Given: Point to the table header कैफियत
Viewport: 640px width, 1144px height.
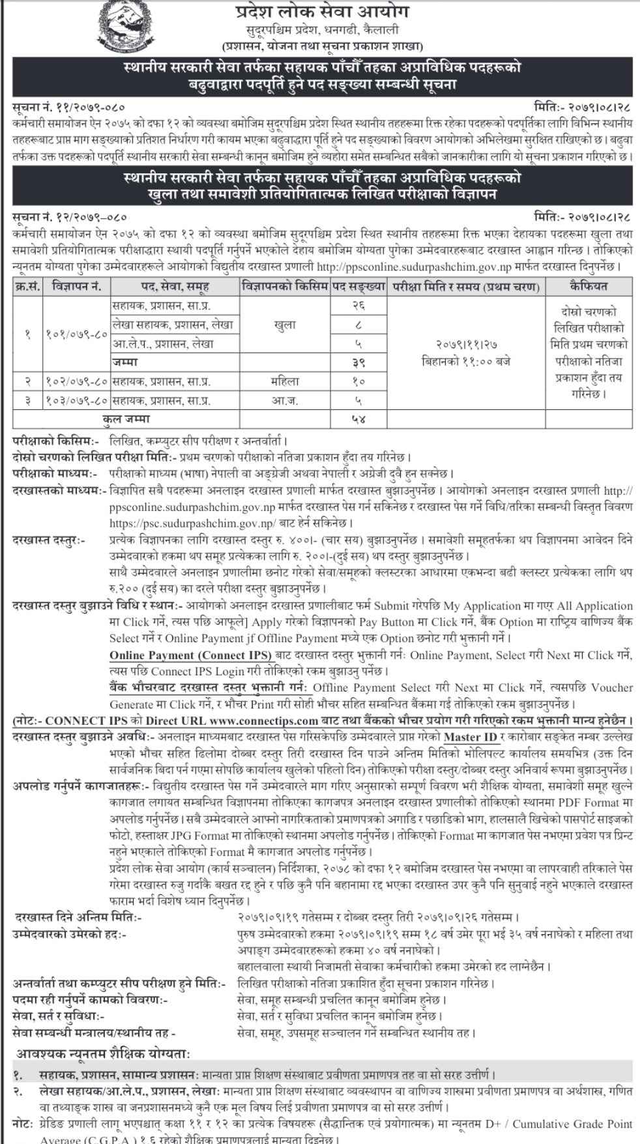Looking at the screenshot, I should click(588, 287).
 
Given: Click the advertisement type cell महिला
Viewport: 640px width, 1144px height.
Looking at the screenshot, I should click(285, 381).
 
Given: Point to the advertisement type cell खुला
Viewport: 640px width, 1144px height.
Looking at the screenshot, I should click(285, 325).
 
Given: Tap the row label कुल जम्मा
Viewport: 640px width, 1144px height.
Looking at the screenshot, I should click(126, 419).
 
